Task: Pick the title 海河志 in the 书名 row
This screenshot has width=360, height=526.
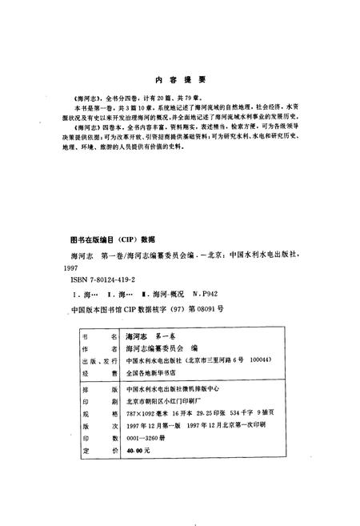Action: click(135, 339)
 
